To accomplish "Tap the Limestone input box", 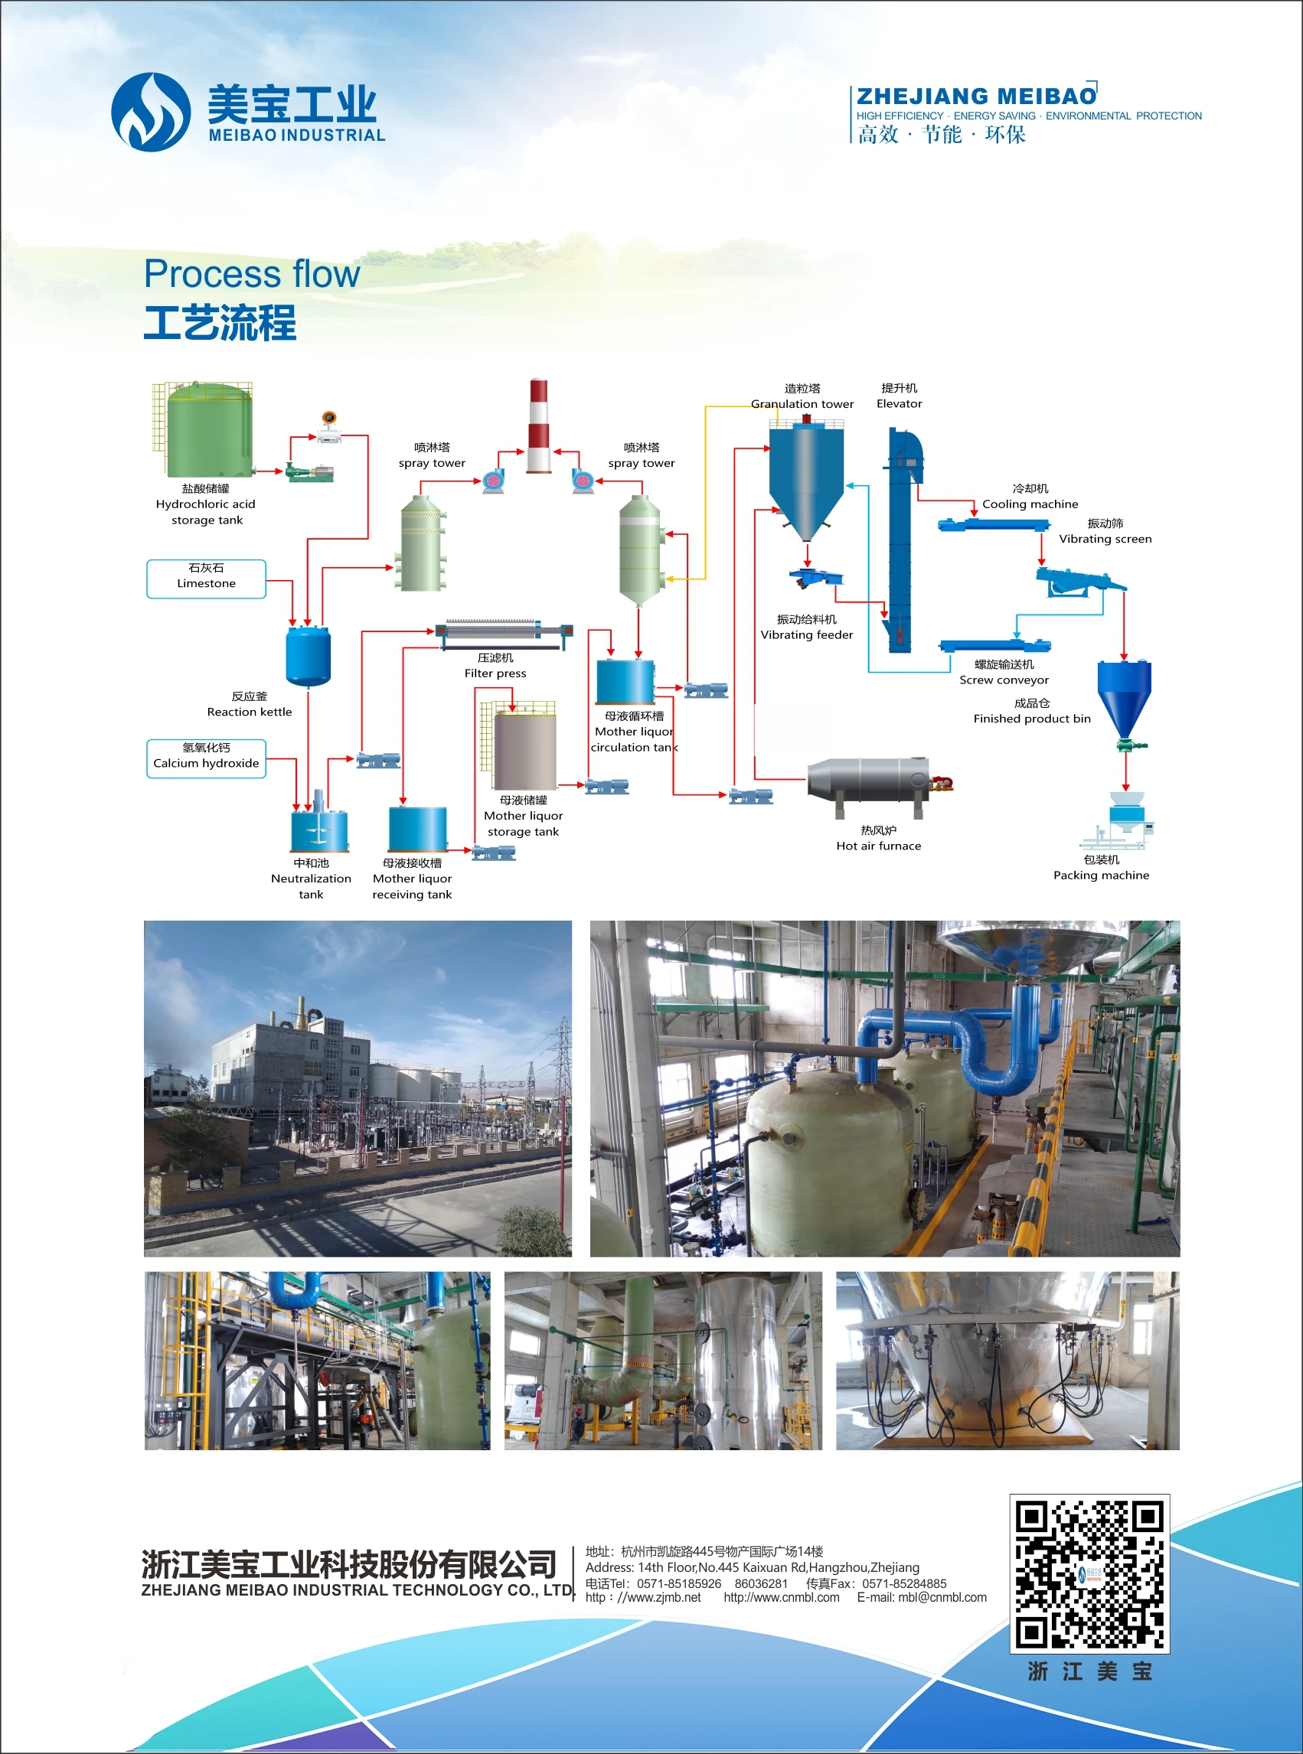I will tap(206, 579).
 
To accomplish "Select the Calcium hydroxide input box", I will tap(206, 758).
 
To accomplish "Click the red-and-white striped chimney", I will tap(539, 425).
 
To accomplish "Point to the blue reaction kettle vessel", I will tap(308, 655).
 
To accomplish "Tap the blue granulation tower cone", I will tap(805, 481).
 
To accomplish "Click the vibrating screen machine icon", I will tap(1079, 582).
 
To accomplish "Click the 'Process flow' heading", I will tap(252, 274).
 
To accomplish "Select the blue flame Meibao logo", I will tap(151, 112).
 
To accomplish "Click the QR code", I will tap(1089, 1573).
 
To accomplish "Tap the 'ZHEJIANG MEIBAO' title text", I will tap(975, 96).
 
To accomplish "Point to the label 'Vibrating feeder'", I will tap(806, 634).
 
